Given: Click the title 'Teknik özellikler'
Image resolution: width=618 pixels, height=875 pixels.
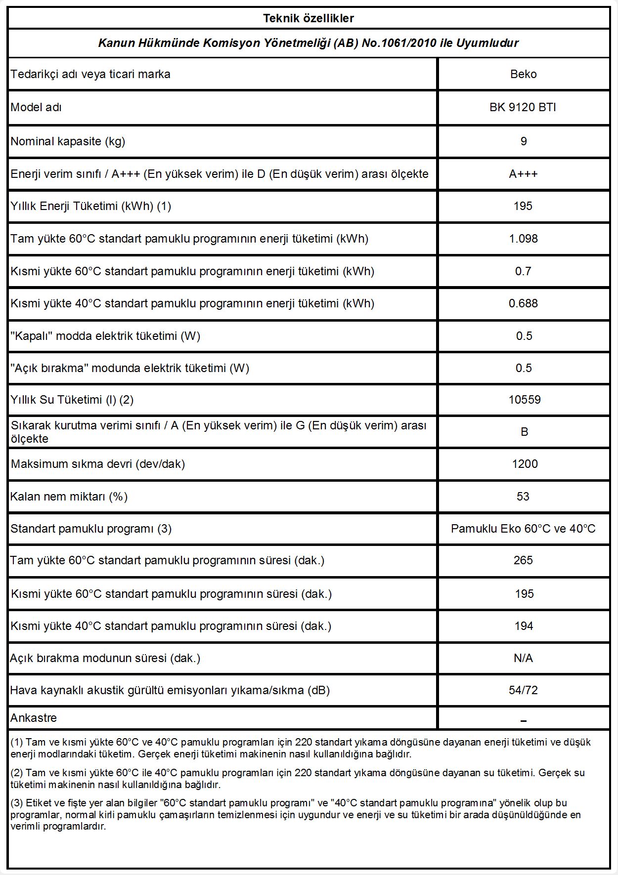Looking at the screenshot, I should (x=309, y=18).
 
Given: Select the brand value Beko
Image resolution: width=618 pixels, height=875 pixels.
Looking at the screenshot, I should (x=523, y=74).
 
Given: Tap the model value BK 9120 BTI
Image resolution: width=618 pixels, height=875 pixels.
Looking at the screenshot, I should (x=523, y=107).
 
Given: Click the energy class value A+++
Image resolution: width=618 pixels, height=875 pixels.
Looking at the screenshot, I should (x=523, y=174).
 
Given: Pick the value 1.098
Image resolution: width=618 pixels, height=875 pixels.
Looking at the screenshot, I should (x=523, y=239).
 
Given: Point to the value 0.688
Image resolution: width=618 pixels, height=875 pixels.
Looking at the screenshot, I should (x=523, y=303).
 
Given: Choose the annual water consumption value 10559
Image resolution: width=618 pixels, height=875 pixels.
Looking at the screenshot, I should (x=524, y=400).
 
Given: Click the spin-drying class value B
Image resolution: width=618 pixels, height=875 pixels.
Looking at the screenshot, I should (x=524, y=432).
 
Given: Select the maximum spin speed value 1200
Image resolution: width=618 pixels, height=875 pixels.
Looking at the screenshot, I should (x=524, y=464).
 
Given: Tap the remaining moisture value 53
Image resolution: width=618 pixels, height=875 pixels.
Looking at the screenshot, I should (x=523, y=497).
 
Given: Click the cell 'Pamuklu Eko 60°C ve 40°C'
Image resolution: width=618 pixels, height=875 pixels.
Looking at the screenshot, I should (x=523, y=529).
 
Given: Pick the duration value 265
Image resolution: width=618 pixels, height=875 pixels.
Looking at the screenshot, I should (x=523, y=560).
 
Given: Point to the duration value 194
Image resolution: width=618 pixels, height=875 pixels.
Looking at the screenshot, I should (x=524, y=626).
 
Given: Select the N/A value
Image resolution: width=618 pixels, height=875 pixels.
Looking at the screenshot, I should (x=523, y=658).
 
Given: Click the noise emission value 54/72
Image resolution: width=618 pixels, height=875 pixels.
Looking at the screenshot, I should (x=523, y=690).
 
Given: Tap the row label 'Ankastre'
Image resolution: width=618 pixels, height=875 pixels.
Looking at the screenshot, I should (x=34, y=718).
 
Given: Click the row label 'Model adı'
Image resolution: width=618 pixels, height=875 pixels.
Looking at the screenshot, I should (x=36, y=107).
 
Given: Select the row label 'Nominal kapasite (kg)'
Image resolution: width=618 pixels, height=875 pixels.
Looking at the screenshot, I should (x=68, y=141).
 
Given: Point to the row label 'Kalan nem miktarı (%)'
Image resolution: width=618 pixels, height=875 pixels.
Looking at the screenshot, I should (x=69, y=497).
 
